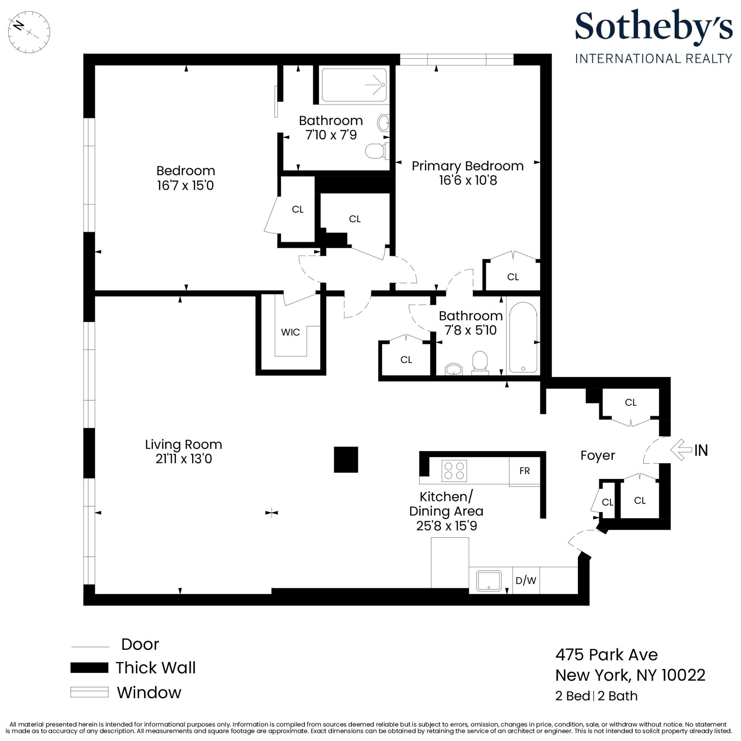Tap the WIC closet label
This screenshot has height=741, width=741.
(290, 332)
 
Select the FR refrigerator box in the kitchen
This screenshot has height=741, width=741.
(524, 471)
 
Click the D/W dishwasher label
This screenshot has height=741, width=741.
(525, 580)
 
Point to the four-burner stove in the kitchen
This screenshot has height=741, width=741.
(454, 471)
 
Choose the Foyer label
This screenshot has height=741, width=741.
(597, 455)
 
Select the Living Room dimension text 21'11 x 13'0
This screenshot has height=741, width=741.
(184, 459)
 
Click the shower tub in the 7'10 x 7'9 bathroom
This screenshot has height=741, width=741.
(354, 85)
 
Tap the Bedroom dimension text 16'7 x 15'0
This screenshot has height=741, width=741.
(185, 186)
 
